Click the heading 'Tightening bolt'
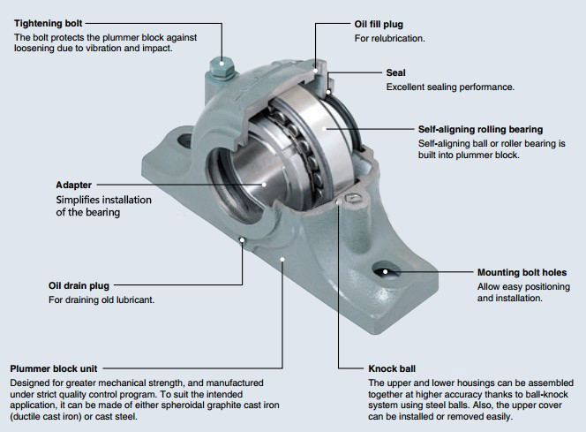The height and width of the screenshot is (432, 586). (x=49, y=23)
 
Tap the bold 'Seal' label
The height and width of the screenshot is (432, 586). (x=396, y=72)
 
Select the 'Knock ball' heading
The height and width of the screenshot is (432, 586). (x=391, y=368)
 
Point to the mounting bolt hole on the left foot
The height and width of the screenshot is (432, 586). (x=184, y=140)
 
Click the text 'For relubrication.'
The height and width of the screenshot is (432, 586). (x=389, y=39)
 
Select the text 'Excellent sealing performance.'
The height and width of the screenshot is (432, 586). (x=449, y=87)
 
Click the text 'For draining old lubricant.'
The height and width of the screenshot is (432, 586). (x=101, y=300)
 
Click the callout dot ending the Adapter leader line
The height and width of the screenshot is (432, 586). (x=265, y=185)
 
